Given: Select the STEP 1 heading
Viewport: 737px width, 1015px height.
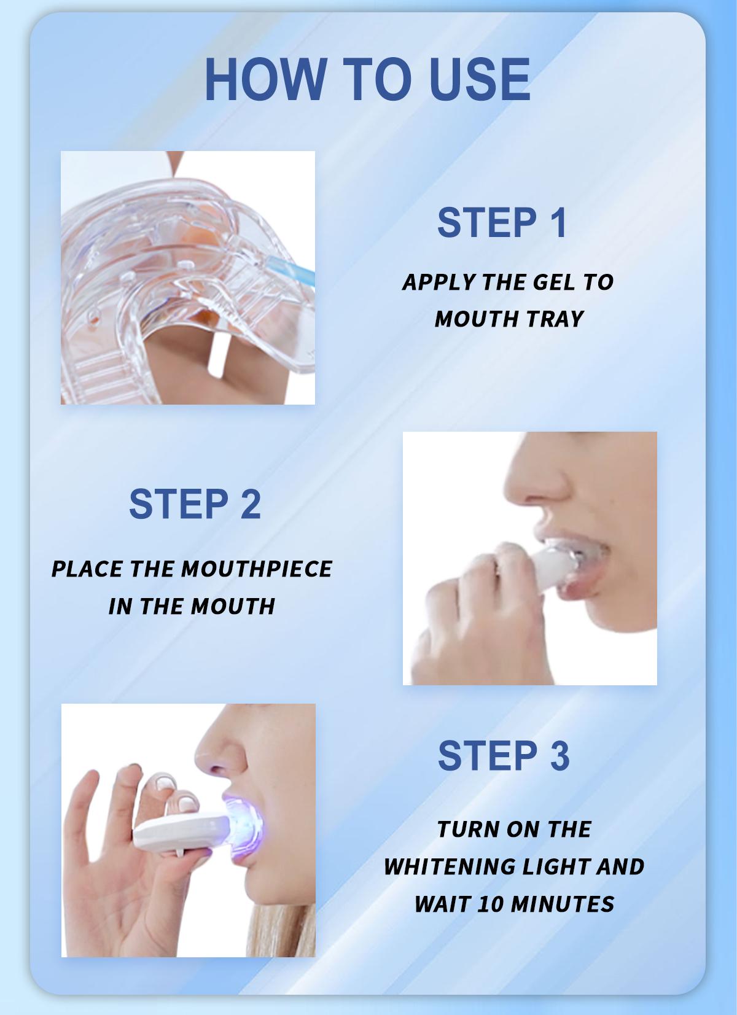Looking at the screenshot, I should (x=502, y=223).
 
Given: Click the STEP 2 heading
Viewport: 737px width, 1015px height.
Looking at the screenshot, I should (x=195, y=504).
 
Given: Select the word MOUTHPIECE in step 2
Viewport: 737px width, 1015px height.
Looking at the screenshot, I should (x=257, y=569).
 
